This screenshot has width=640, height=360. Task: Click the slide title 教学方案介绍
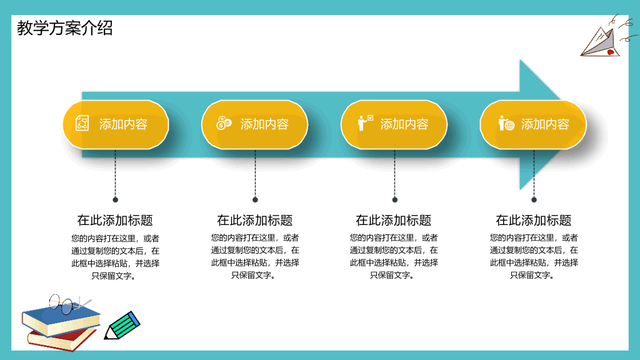64,28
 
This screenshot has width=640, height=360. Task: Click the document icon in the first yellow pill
82,123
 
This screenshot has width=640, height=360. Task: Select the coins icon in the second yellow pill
224,123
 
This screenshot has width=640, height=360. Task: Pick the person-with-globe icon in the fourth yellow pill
506,123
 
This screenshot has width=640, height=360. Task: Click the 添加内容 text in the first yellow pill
123,124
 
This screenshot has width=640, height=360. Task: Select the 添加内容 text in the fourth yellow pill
545,124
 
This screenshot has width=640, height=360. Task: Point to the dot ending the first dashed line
116,199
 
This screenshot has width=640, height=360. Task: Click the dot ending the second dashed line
255,199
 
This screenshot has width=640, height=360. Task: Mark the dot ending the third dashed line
395,199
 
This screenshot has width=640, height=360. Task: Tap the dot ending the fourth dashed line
534,199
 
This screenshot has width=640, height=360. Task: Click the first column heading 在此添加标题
115,221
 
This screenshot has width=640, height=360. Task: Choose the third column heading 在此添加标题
394,221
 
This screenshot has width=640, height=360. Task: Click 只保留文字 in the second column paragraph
251,275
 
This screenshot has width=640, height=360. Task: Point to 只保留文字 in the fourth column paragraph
529,275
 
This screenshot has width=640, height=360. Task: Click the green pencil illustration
122,325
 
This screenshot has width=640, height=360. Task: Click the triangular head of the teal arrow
537,124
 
